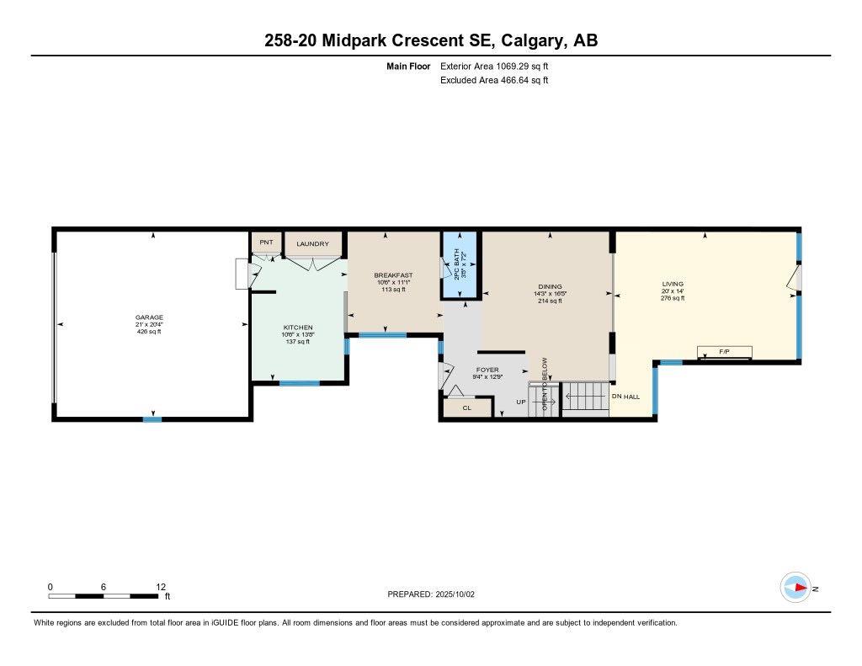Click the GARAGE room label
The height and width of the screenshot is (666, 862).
149,317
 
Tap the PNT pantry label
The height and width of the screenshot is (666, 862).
266,242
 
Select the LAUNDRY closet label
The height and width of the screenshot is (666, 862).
312,243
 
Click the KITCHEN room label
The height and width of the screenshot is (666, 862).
297,327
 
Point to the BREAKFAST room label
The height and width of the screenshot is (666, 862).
393,275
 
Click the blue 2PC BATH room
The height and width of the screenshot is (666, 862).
460,265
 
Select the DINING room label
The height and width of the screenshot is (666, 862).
550,286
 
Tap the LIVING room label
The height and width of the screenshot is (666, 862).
672,284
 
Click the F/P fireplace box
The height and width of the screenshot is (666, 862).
724,351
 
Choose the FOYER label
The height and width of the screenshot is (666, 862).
487,370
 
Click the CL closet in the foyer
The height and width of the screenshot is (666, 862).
466,408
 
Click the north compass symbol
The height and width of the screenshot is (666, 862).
795,588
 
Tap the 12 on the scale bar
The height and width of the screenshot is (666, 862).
161,587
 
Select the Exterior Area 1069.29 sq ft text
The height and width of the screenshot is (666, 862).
494,66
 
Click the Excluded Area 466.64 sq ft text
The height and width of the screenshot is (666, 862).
494,81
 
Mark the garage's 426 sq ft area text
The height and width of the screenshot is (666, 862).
149,332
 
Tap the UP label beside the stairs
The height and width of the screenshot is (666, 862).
521,402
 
